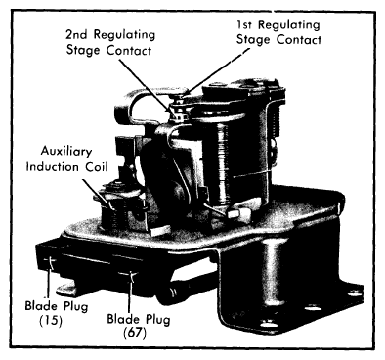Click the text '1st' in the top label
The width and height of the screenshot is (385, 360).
tap(245, 24)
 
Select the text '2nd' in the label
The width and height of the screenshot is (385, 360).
tap(77, 34)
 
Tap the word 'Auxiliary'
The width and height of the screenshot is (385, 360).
tap(66, 152)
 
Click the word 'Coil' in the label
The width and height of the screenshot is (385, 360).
tap(96, 167)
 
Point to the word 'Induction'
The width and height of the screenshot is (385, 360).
tap(53, 167)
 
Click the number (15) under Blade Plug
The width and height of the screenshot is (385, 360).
tap(51, 321)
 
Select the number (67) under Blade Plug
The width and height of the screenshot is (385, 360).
tap(135, 334)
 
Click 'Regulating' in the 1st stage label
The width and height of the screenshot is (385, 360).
tap(289, 25)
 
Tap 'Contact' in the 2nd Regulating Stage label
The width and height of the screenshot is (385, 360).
tap(129, 51)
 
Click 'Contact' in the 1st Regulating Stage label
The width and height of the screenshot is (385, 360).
tap(299, 40)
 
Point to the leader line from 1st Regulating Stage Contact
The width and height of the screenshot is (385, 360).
tap(218, 72)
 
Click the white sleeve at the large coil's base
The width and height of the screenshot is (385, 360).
tap(239, 214)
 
